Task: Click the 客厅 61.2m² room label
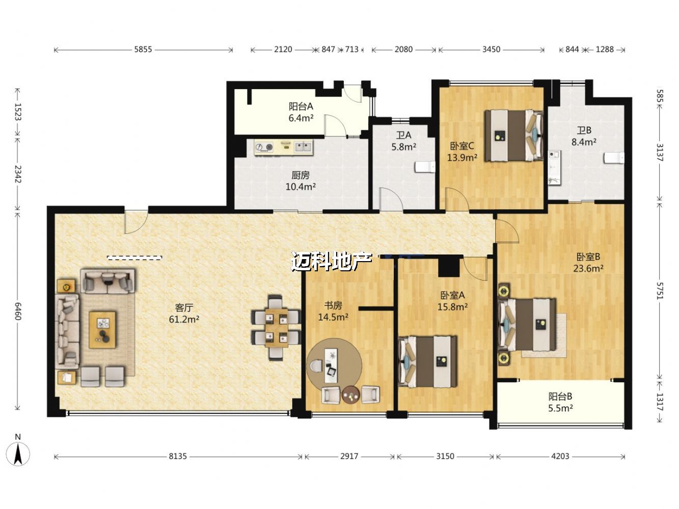pyautogui.click(x=184, y=314)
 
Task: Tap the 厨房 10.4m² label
pyautogui.click(x=301, y=181)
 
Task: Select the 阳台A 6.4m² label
pyautogui.click(x=301, y=112)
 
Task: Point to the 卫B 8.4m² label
pyautogui.click(x=584, y=136)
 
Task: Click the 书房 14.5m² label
pyautogui.click(x=333, y=312)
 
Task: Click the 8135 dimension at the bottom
pyautogui.click(x=178, y=457)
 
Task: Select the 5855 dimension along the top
pyautogui.click(x=143, y=49)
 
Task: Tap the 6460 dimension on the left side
pyautogui.click(x=18, y=311)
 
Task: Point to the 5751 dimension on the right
pyautogui.click(x=659, y=291)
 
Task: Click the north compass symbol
pyautogui.click(x=18, y=454)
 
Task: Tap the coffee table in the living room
pyautogui.click(x=102, y=330)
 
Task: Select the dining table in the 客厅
pyautogui.click(x=276, y=328)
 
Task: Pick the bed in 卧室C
pyautogui.click(x=514, y=135)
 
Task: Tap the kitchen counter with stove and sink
pyautogui.click(x=283, y=147)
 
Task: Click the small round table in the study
pyautogui.click(x=351, y=394)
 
